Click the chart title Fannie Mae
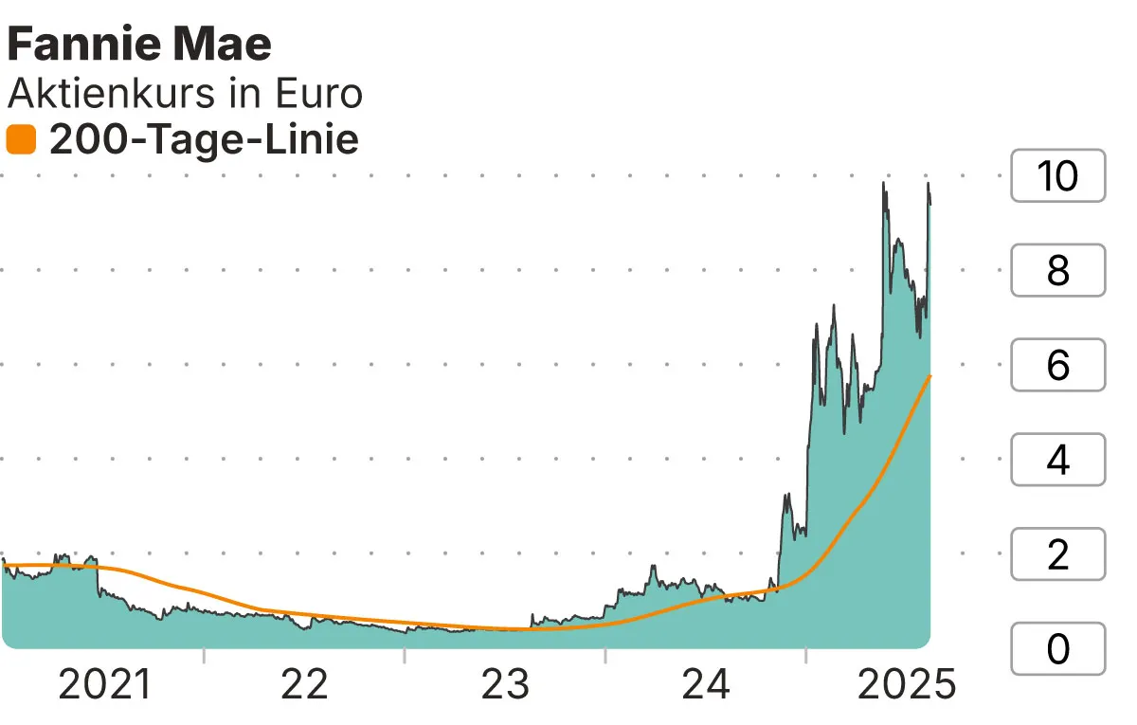(x=138, y=45)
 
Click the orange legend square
(x=21, y=140)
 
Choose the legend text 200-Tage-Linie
(x=204, y=140)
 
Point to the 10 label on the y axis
(x=1057, y=175)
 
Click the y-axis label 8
(x=1057, y=270)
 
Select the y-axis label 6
(x=1057, y=365)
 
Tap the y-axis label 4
(x=1057, y=460)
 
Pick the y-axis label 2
(x=1057, y=554)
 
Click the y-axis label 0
(x=1057, y=649)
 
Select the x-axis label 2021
(x=104, y=685)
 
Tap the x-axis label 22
(x=305, y=685)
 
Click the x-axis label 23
(x=506, y=685)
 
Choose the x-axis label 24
(x=706, y=685)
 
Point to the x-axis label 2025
(x=907, y=685)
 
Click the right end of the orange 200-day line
(x=929, y=377)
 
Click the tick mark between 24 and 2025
(x=805, y=656)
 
